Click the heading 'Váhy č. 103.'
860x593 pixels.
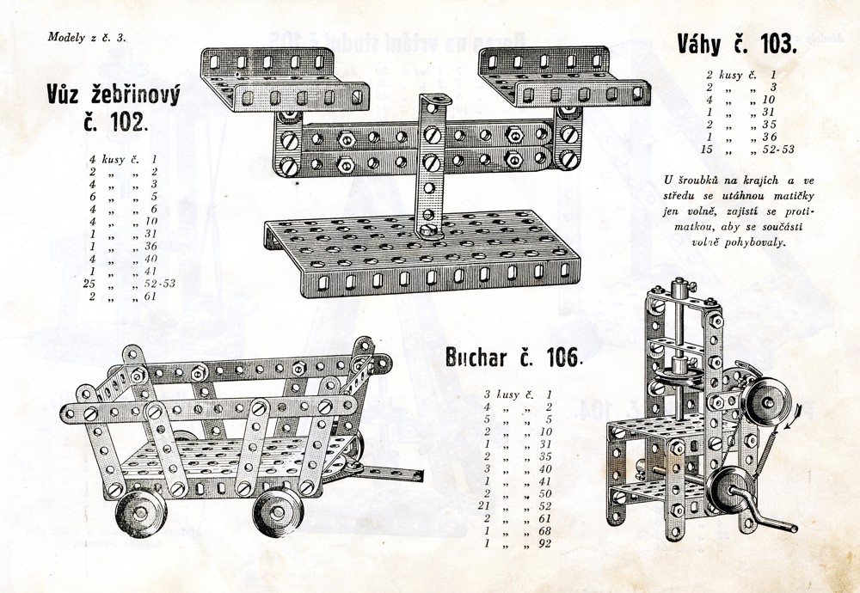737,44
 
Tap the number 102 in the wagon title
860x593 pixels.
128,122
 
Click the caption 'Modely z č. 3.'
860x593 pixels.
87,37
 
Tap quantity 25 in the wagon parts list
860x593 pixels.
89,284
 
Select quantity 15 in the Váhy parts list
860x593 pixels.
710,149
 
